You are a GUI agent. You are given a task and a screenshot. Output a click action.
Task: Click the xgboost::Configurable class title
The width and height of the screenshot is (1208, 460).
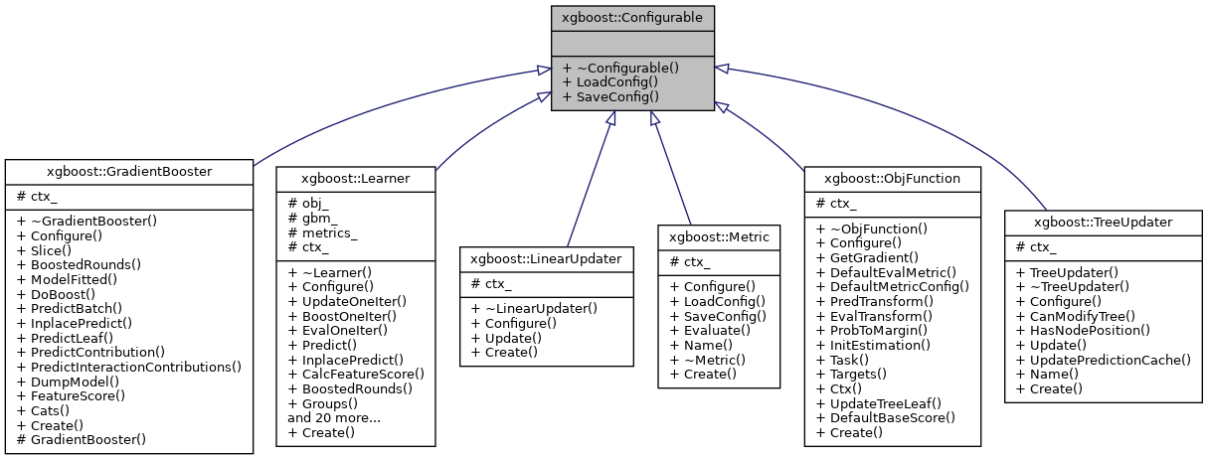[x=633, y=17]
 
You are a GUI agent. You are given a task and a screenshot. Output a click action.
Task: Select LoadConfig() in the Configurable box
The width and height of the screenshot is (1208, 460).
[x=609, y=82]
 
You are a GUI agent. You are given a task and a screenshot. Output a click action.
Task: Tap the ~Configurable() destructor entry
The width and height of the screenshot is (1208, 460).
[x=619, y=68]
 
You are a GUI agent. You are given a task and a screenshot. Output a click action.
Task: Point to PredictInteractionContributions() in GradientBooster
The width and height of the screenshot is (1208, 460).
[x=128, y=367]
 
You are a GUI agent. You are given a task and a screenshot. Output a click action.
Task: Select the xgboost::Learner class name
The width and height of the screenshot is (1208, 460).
[x=355, y=178]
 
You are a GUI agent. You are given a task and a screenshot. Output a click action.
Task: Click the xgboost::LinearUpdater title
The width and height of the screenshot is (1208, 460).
[x=546, y=257]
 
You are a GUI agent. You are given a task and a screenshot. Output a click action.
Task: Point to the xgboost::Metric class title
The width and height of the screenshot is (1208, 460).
[x=717, y=236]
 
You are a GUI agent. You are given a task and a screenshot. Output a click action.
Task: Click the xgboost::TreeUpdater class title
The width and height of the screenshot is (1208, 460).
[x=1103, y=222]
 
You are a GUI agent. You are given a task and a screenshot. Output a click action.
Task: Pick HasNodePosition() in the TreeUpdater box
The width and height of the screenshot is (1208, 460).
[x=1082, y=330]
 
